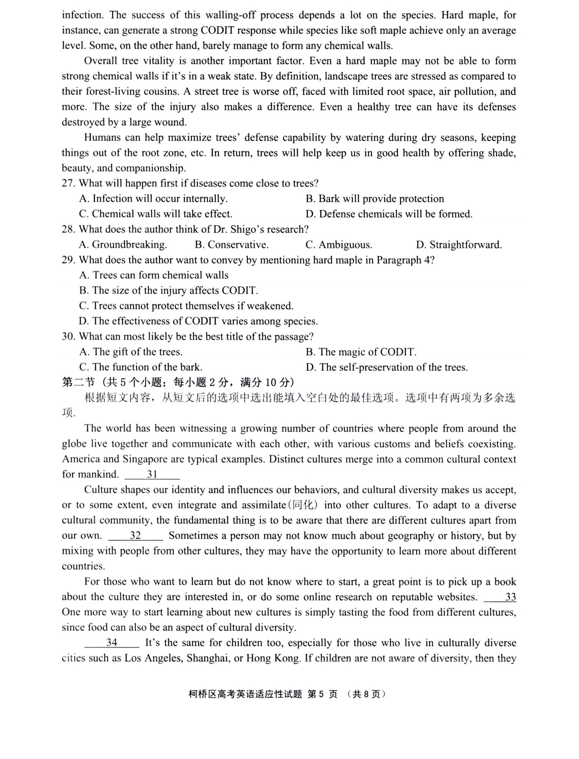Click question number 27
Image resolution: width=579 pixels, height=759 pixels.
pos(68,183)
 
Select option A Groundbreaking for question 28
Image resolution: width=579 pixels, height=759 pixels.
pos(123,244)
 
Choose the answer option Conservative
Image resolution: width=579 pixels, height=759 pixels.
pos(232,244)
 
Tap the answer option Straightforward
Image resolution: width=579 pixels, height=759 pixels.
pos(459,244)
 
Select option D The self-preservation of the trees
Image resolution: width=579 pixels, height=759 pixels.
pos(386,367)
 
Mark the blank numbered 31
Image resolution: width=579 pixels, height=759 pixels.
pos(152,475)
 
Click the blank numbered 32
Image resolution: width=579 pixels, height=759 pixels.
pos(135,535)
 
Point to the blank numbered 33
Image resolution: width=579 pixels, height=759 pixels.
pos(500,597)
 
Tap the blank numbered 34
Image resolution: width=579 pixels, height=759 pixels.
pos(112,643)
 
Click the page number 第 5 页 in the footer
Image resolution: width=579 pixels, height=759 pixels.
pos(322,694)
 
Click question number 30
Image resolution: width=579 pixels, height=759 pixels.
pos(68,336)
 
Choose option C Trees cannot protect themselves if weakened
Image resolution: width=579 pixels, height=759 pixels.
pos(186,306)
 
